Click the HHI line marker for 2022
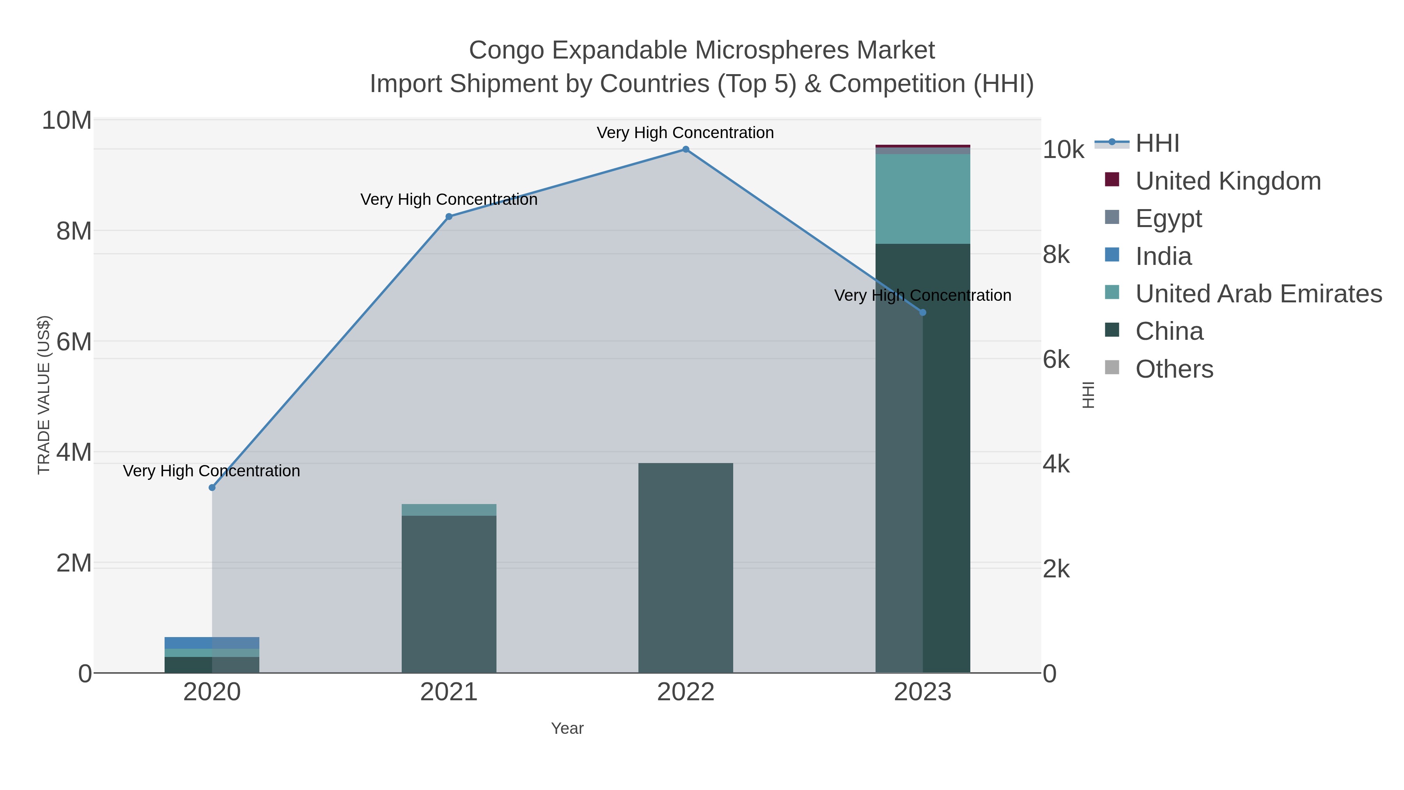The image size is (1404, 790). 686,149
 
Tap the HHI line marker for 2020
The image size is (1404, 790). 212,487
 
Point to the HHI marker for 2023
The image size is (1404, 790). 923,312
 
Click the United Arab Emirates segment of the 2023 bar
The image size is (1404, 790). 923,199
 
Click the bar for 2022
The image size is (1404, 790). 686,567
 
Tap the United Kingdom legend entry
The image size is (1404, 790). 1227,181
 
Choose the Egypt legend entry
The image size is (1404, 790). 1168,218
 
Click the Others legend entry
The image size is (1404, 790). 1174,369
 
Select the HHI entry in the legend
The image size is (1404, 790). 1157,144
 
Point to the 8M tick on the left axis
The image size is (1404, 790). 74,231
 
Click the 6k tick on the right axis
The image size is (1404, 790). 1056,360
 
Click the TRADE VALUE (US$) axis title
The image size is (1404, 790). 44,395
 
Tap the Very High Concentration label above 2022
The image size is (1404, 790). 685,133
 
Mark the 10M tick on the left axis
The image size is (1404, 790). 66,121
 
